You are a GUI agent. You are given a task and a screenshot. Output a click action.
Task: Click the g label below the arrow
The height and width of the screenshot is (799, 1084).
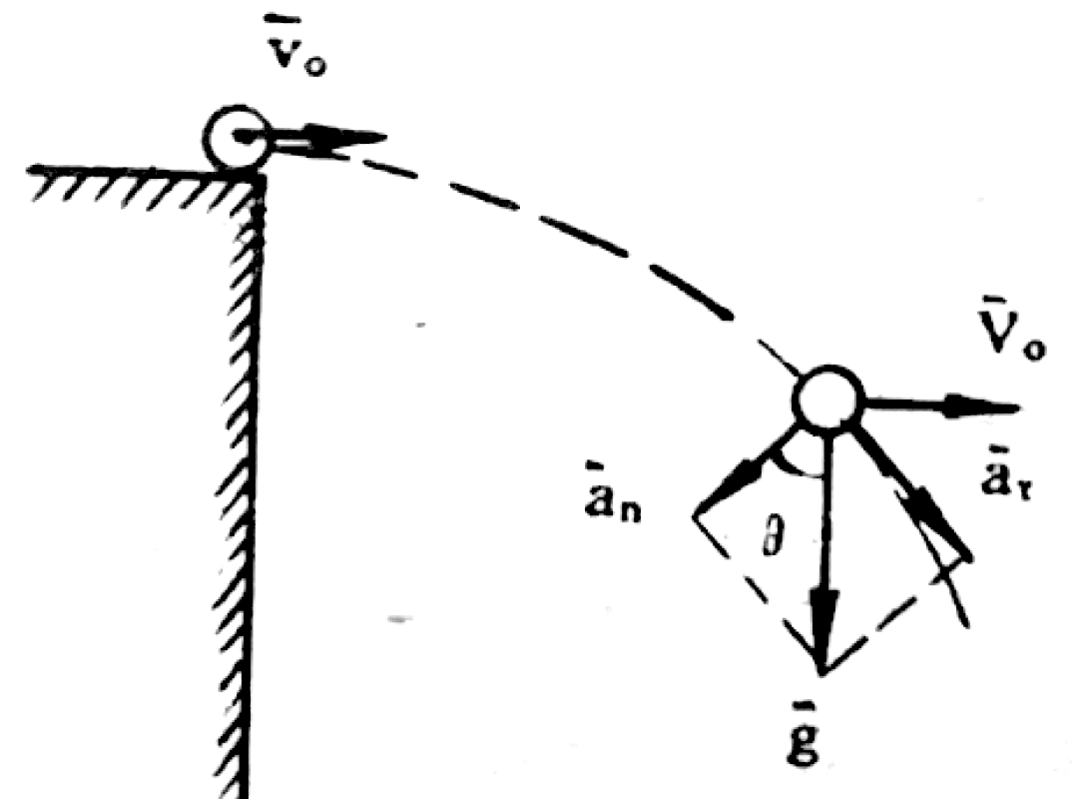coord(819,740)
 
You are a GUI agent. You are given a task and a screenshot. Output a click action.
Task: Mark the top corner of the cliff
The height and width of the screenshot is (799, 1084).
coord(260,172)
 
